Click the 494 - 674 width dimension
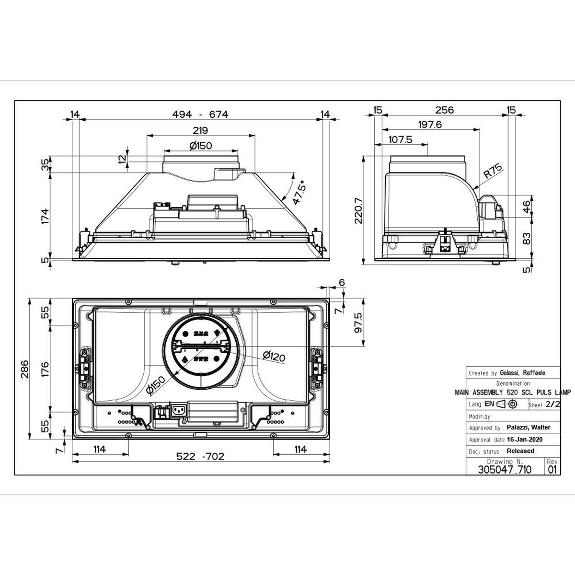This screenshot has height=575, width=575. (200, 115)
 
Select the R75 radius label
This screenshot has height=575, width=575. (492, 171)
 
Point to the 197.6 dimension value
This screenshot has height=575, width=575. (430, 125)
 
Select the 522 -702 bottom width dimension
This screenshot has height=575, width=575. (200, 457)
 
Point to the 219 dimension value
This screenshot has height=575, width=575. (200, 130)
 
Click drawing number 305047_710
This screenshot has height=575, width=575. (505, 470)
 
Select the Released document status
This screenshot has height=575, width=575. (520, 451)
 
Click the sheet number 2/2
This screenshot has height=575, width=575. (553, 404)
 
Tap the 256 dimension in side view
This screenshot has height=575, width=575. (444, 110)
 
